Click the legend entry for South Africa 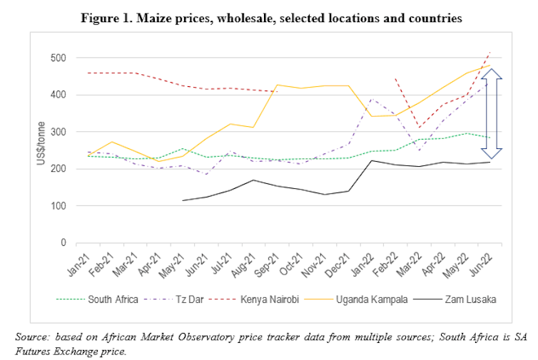113,299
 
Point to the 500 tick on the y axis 57,58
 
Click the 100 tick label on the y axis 57,206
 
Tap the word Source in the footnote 32,336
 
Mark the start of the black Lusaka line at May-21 184,200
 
